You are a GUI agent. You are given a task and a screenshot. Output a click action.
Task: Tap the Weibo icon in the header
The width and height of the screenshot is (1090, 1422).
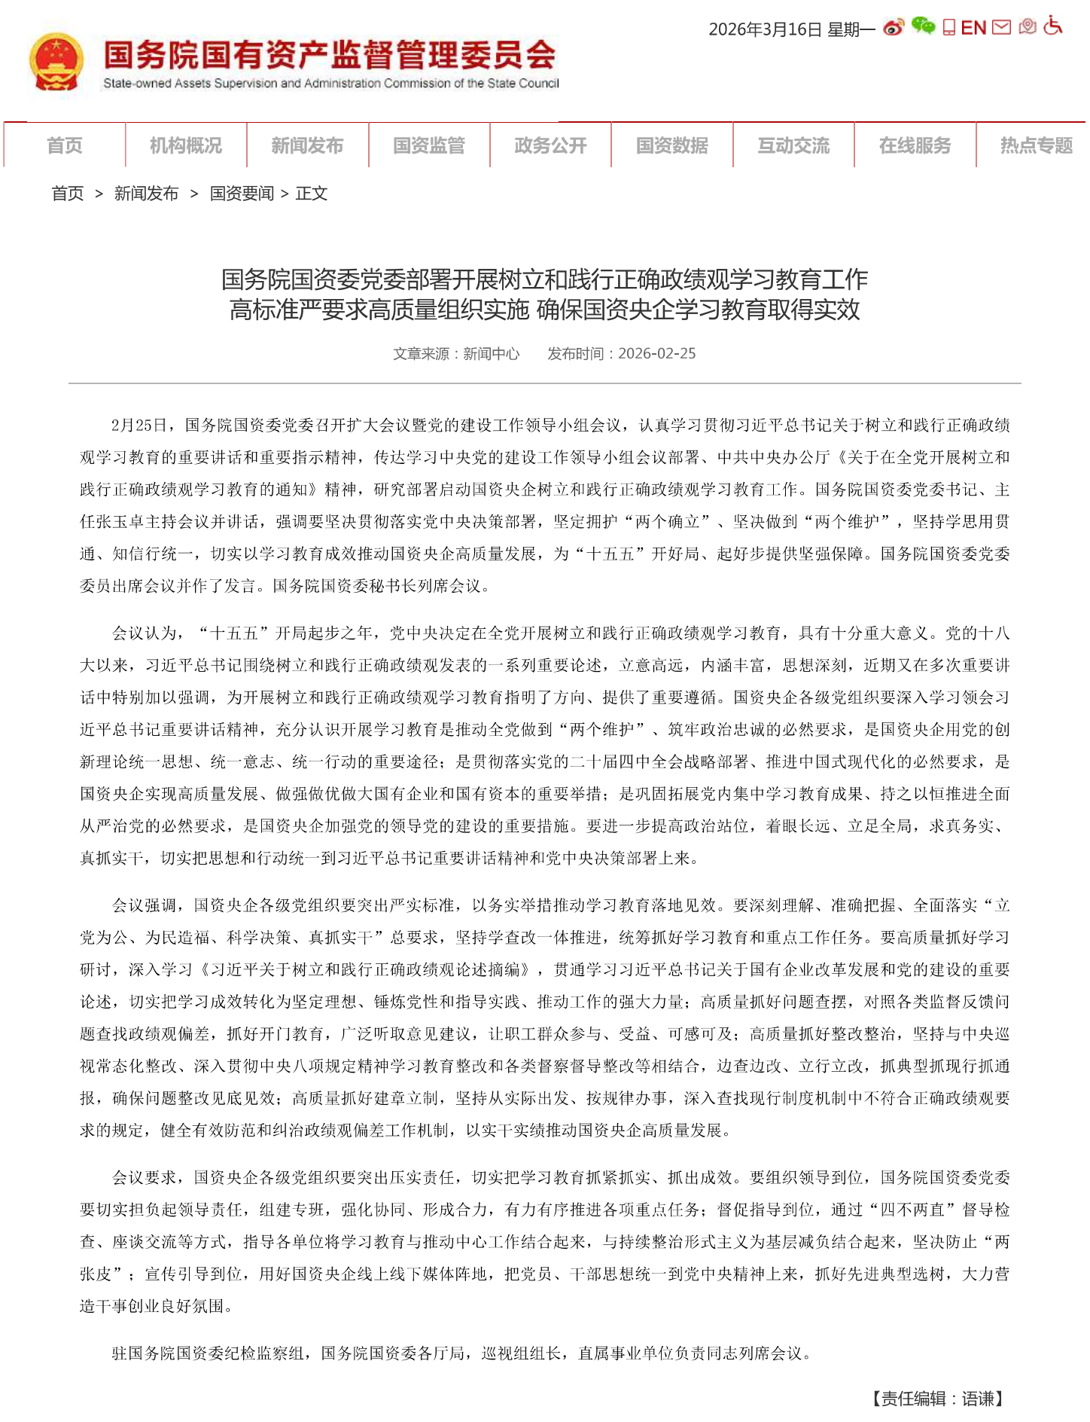coord(894,28)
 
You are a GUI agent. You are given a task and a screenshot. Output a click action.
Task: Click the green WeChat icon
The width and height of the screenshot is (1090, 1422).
coord(923,26)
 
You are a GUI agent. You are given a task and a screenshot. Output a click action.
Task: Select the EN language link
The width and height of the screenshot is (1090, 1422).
coord(973,28)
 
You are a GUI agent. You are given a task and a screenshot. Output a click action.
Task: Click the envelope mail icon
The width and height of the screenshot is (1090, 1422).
coord(1001,28)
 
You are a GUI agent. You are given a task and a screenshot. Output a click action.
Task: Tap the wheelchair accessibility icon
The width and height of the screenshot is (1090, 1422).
coord(1054,26)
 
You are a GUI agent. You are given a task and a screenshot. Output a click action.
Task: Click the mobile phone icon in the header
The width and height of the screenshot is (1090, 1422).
coord(948,28)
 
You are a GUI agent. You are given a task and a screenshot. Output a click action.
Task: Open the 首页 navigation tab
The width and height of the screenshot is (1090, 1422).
coord(65,145)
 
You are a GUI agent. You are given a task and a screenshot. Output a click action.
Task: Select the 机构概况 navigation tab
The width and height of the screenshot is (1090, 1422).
coord(186,145)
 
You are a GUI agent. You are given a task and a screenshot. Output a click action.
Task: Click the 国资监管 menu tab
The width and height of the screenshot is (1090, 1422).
coord(429,145)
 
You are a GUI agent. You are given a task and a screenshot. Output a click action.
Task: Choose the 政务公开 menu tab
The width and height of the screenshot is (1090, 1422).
coord(550,145)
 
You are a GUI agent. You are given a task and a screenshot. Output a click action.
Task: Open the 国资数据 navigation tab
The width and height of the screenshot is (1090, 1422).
coord(672,145)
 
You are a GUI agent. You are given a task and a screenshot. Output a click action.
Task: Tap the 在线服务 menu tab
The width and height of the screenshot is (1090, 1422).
coord(915,145)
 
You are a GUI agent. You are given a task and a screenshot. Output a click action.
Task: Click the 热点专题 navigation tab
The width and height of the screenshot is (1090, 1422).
coord(1036,145)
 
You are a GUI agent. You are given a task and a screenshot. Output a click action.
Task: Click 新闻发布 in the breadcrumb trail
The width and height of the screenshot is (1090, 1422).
coord(146,194)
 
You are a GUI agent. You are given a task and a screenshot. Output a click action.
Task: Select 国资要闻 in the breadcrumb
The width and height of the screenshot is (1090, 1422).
coord(242,194)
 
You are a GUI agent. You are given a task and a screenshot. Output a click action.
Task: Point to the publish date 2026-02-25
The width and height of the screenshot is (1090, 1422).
coord(656,353)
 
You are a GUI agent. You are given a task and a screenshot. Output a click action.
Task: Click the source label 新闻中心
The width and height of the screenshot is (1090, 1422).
coord(491,353)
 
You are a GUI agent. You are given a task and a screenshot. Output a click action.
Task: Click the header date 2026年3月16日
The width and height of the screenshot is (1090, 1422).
coord(765,29)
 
